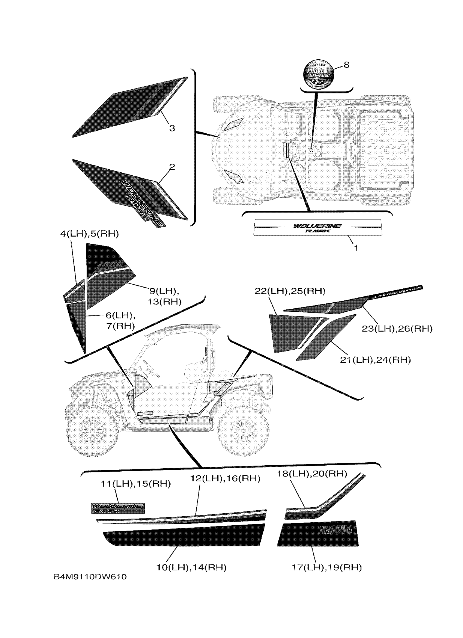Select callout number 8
pos(346,65)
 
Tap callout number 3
pos(172,128)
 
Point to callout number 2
pos(172,167)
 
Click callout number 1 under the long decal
pos(356,248)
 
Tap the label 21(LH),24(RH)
pos(375,360)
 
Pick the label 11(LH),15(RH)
pos(136,484)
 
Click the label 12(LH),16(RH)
pos(225,478)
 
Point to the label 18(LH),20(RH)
pos(312,474)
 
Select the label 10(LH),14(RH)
pos(191,567)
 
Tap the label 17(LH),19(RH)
pos(327,567)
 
